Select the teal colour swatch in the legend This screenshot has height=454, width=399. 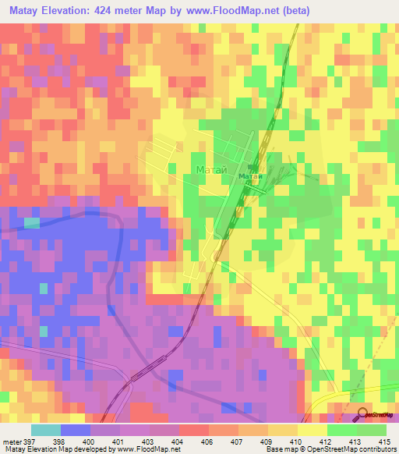46,430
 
